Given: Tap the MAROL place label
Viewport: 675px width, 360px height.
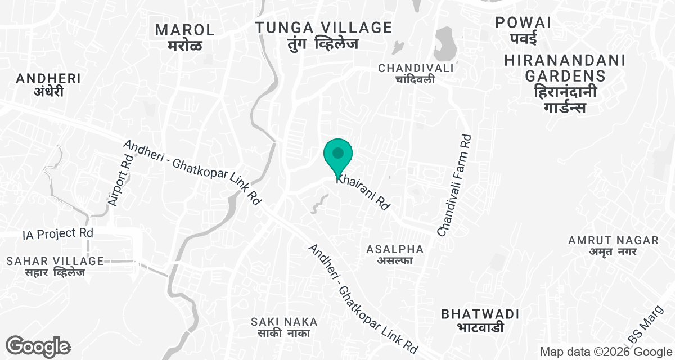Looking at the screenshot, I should [x=185, y=30].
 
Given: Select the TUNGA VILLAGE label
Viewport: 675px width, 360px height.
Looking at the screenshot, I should [x=323, y=28].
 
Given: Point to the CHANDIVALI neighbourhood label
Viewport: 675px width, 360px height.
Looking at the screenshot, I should [x=416, y=68].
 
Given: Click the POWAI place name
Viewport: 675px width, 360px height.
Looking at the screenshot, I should [x=523, y=22].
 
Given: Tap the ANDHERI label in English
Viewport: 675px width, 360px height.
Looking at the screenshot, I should [x=48, y=78].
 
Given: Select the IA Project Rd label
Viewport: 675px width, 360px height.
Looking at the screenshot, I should [x=57, y=233].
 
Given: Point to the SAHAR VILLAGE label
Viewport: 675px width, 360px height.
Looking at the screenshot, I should [x=55, y=261].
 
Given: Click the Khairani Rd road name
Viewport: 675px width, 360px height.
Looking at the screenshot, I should [x=363, y=192].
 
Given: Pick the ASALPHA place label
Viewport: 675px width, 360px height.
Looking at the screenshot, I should [x=395, y=249].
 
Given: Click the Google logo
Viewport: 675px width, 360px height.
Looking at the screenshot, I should [x=38, y=346].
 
